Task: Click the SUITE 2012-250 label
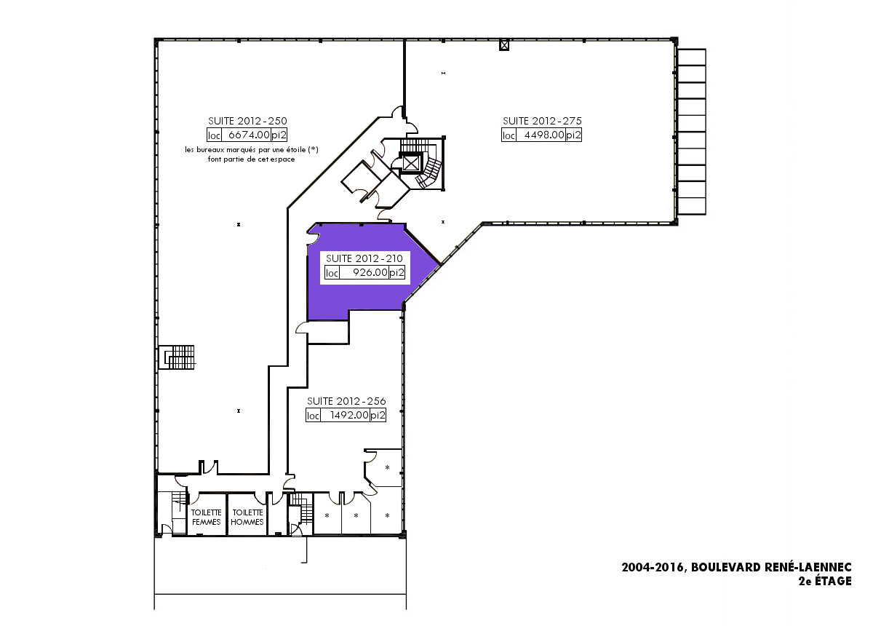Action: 247,121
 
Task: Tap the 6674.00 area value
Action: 249,135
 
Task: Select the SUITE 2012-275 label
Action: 542,121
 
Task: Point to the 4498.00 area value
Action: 544,135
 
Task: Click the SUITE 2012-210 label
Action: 364,258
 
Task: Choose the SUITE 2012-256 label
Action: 346,401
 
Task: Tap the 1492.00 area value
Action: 349,415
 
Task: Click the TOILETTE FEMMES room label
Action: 206,518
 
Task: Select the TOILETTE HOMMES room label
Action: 247,518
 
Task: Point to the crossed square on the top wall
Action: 504,46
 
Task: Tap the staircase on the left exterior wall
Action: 177,357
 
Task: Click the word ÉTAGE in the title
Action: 833,581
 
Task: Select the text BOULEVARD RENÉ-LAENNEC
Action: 772,567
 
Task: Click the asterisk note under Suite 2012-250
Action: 252,154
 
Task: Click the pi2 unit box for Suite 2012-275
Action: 573,135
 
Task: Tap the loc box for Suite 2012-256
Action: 313,416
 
